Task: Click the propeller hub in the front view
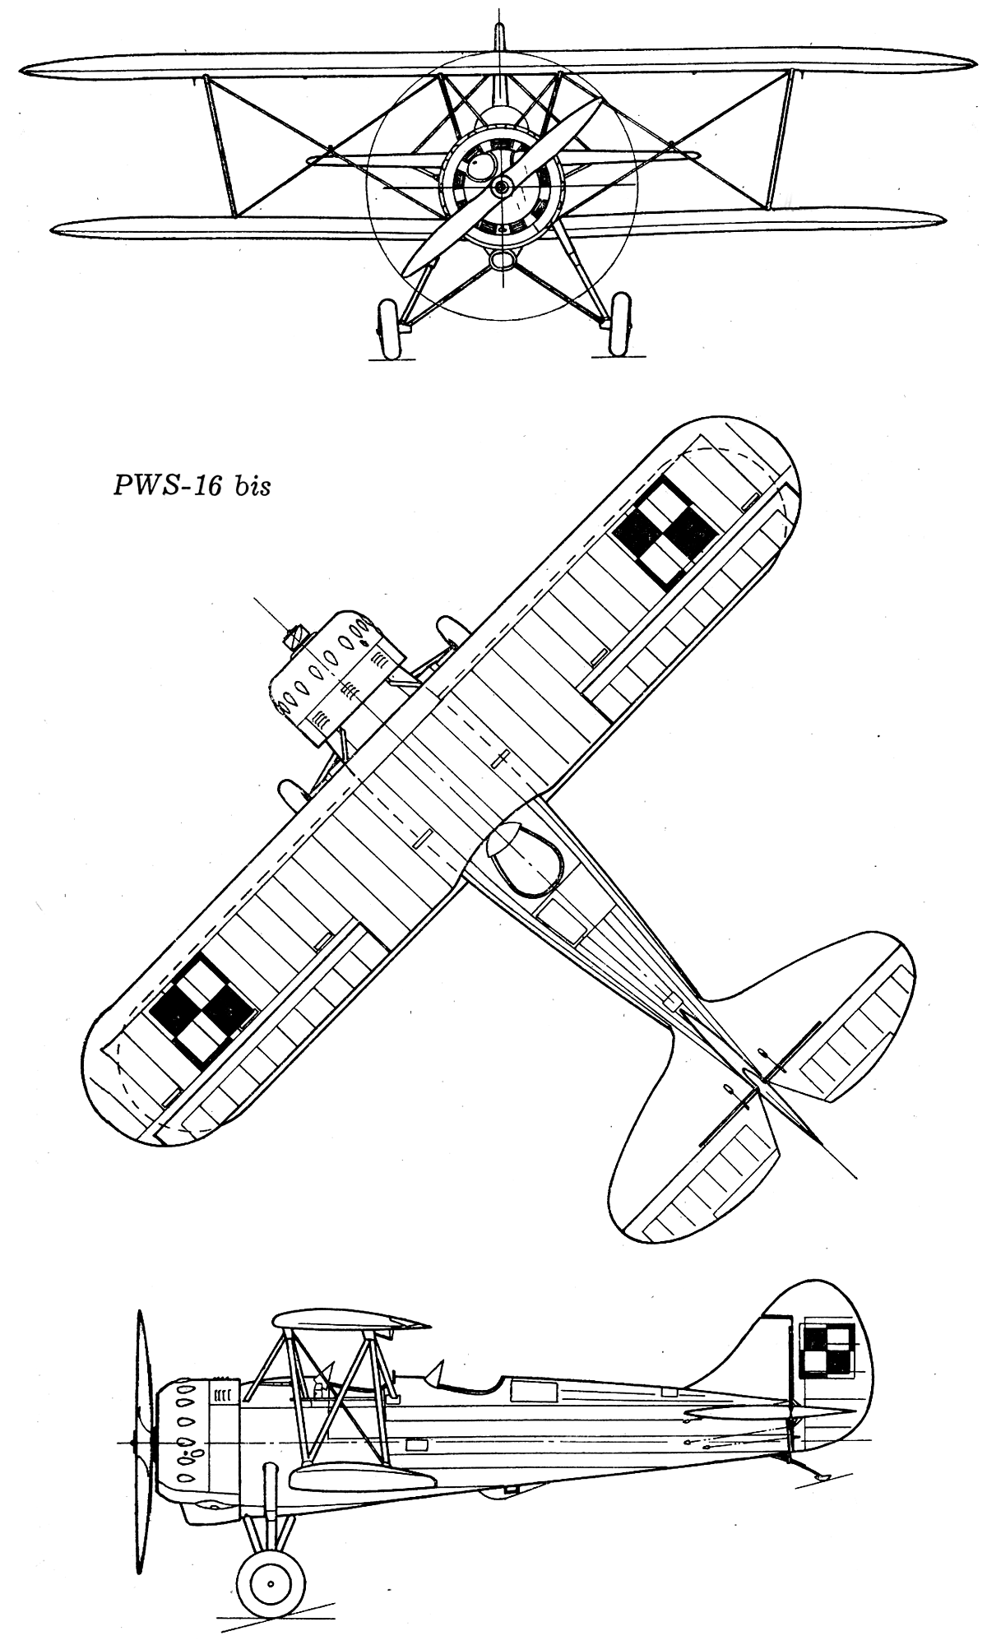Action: (x=500, y=188)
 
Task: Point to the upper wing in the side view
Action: (x=350, y=1320)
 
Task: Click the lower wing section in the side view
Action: (x=362, y=1477)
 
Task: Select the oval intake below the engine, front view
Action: (x=500, y=260)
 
